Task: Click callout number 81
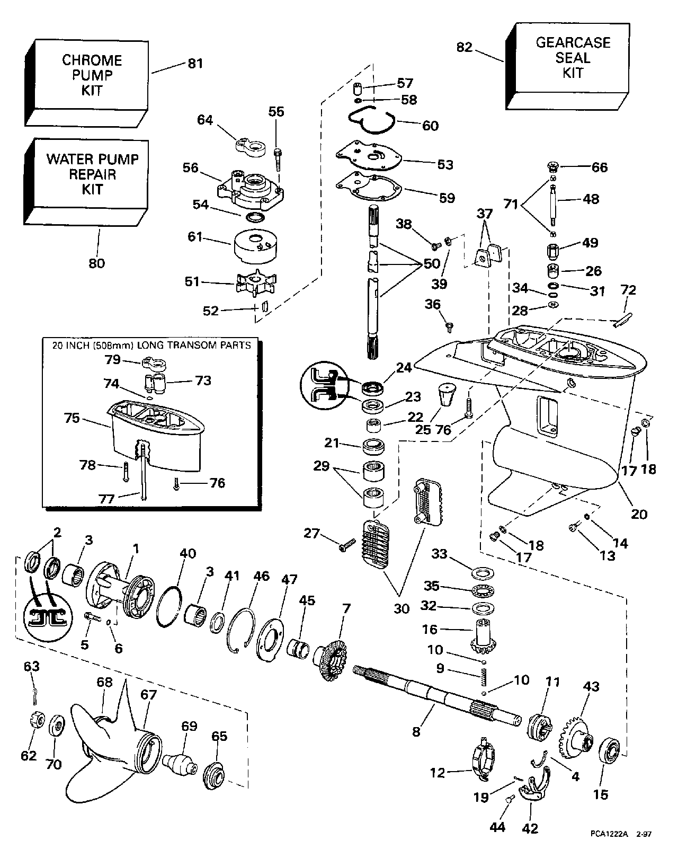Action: click(195, 63)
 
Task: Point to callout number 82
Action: click(464, 47)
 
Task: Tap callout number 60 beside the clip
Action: click(430, 126)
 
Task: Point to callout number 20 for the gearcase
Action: click(639, 514)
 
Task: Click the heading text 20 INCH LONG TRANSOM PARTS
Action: click(151, 345)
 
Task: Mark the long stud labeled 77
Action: click(144, 466)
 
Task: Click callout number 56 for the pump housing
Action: click(190, 168)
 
